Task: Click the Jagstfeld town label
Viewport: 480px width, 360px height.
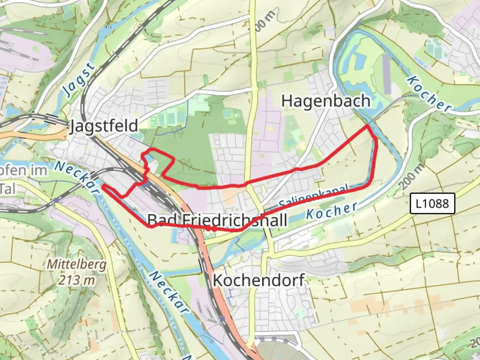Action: [x=104, y=126]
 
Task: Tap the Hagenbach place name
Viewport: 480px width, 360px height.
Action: [x=326, y=101]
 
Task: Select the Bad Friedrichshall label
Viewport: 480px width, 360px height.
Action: [x=217, y=220]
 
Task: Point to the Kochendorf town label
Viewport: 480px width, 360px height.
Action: [x=258, y=280]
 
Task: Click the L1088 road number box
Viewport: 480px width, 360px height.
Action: [x=432, y=203]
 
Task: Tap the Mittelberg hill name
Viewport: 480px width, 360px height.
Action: [x=77, y=265]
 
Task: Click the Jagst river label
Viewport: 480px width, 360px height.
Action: [x=79, y=79]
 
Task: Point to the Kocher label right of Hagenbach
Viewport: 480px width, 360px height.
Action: [x=429, y=94]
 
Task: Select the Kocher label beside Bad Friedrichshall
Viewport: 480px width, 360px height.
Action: [x=331, y=211]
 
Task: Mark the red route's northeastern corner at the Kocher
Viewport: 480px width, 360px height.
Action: [x=368, y=125]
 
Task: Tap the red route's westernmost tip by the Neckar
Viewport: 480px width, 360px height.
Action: [x=103, y=187]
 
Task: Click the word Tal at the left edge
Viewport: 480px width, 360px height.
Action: [x=7, y=189]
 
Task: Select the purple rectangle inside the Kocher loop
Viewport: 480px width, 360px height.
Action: [x=387, y=74]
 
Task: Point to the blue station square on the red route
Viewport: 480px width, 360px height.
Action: [x=146, y=184]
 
